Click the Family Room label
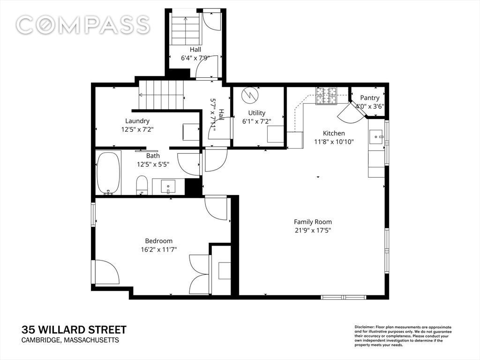click(313, 222)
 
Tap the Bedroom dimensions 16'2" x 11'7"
click(159, 249)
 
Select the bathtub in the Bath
click(108, 173)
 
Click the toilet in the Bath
click(142, 185)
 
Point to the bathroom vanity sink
click(168, 187)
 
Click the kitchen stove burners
click(326, 96)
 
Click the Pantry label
click(369, 98)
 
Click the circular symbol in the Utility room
click(250, 96)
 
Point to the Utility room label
click(256, 113)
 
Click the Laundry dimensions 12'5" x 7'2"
click(137, 129)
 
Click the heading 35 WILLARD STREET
click(74, 330)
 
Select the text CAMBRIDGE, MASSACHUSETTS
click(70, 340)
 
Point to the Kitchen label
click(334, 134)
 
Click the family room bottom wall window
click(344, 297)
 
